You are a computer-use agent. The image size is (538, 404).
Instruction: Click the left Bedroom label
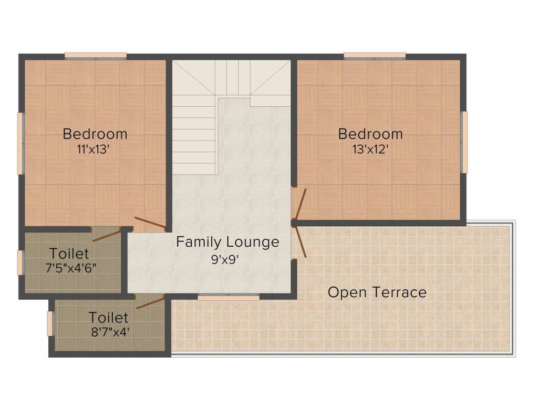coord(95,134)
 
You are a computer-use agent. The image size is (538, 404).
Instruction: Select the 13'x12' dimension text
coord(370,149)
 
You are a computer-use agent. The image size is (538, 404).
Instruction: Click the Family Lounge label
coord(227,242)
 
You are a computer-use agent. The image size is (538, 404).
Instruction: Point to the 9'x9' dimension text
coord(227,258)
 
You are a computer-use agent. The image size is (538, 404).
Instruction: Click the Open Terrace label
coord(377,292)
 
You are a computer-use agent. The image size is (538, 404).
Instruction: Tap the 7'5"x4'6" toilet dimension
coord(70,267)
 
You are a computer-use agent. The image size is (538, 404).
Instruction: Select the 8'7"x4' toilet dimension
coord(109,332)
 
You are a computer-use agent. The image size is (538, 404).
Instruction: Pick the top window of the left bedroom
coord(96,55)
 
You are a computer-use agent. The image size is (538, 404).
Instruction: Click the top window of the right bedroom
coord(375,55)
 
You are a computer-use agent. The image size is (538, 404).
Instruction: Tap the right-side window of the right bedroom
coord(464,142)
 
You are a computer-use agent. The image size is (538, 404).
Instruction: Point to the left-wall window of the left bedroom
coord(20,143)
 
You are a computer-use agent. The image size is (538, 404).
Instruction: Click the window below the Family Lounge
coord(228,298)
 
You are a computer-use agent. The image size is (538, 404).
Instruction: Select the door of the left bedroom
coord(150,223)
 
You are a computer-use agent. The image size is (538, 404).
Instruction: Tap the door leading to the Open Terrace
coord(300,242)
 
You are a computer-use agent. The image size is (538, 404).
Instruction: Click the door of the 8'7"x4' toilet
coord(150,301)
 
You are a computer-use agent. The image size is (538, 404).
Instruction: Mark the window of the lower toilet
coord(50,323)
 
